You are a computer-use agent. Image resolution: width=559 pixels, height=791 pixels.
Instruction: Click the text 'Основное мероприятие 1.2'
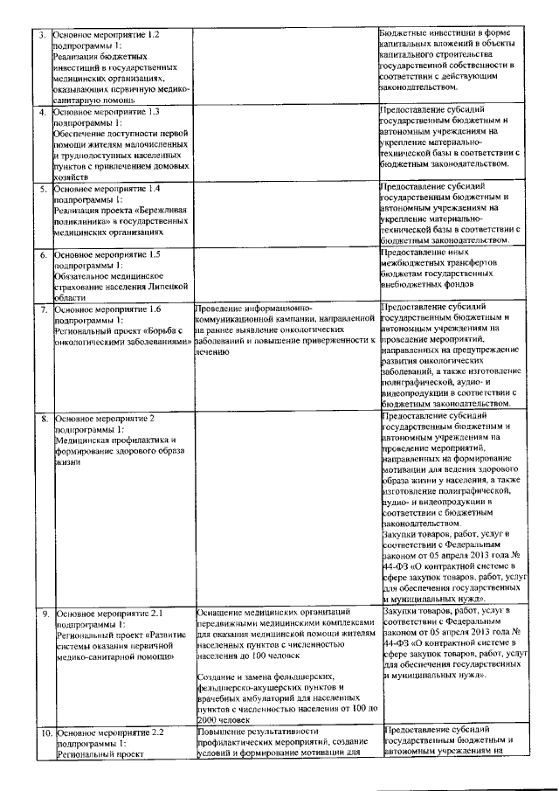pos(106,34)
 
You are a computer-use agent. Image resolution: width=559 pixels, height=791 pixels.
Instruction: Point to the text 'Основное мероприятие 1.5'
pos(106,254)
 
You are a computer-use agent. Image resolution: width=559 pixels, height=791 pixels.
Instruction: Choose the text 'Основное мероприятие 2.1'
pos(106,614)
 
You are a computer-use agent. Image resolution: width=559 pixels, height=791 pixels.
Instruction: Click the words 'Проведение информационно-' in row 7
pos(252,309)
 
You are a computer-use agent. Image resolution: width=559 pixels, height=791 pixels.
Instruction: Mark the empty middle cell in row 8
pos(285,507)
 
